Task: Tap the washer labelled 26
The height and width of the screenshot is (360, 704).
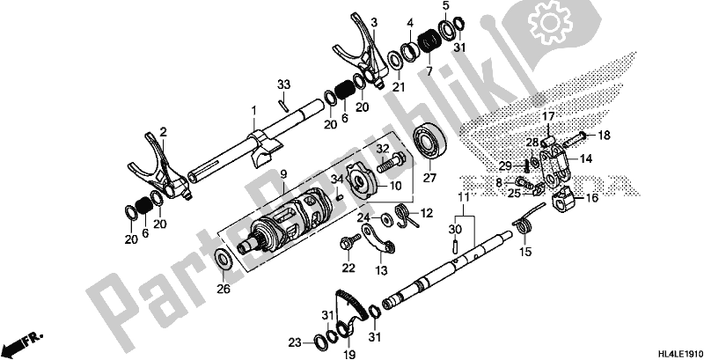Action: (x=224, y=260)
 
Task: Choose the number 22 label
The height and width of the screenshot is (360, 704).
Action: (x=348, y=268)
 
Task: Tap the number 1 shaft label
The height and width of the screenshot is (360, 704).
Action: (x=252, y=110)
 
